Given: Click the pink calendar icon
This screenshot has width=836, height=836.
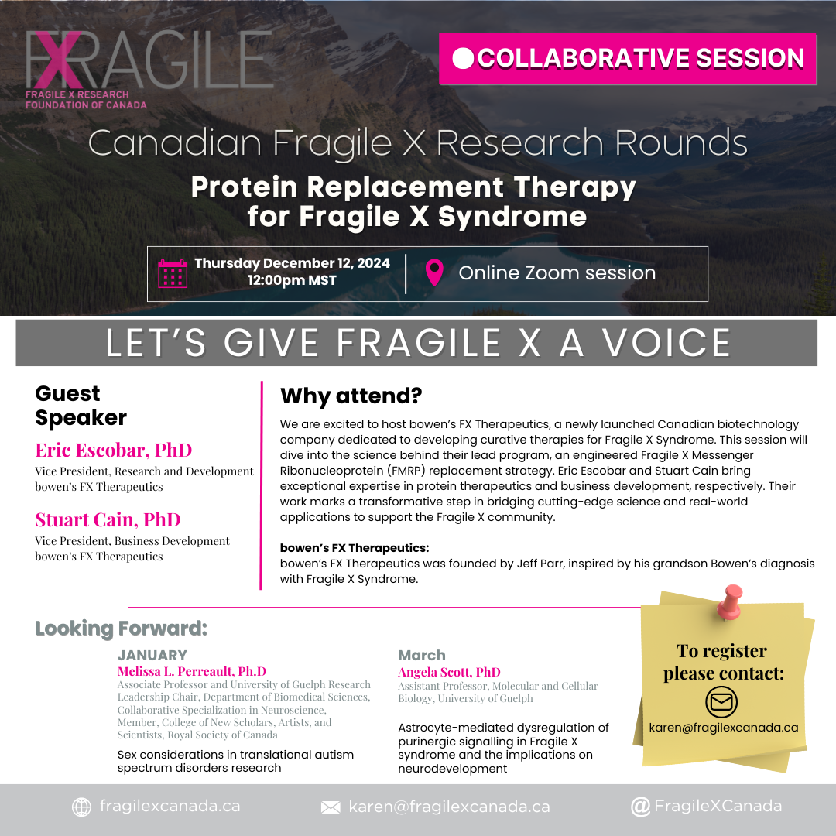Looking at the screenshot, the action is click(x=173, y=273).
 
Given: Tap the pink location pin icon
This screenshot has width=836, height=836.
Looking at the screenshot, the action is click(x=434, y=272).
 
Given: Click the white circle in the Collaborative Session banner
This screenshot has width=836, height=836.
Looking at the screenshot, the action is click(x=463, y=59).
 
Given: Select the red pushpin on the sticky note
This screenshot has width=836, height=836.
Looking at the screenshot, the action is click(x=729, y=602).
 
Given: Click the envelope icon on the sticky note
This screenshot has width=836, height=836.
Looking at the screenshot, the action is click(x=721, y=701).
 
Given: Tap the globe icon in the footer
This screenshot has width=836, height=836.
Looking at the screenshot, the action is click(x=81, y=807).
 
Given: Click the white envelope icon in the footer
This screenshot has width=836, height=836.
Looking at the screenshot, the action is click(x=331, y=807).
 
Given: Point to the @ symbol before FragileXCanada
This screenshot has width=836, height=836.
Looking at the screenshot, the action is click(x=640, y=807).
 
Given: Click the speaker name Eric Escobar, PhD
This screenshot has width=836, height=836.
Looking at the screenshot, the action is click(x=114, y=450).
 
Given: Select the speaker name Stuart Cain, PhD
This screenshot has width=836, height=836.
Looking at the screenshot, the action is click(x=108, y=519).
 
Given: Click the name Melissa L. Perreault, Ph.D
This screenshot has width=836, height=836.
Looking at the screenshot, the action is click(x=191, y=671).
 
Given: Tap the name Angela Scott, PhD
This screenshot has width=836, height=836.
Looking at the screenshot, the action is click(x=449, y=672).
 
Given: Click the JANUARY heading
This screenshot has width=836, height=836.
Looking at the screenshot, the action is click(x=152, y=656).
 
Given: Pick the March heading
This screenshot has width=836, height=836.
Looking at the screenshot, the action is click(x=421, y=656).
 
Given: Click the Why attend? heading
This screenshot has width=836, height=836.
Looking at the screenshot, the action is click(x=351, y=396).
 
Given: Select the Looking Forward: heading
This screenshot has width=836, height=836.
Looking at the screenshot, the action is click(x=121, y=629).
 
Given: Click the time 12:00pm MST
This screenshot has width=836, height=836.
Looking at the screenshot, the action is click(x=292, y=280).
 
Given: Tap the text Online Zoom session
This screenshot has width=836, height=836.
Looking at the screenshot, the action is click(x=557, y=273).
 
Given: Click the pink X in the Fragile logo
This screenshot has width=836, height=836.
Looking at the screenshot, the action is click(x=57, y=60).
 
